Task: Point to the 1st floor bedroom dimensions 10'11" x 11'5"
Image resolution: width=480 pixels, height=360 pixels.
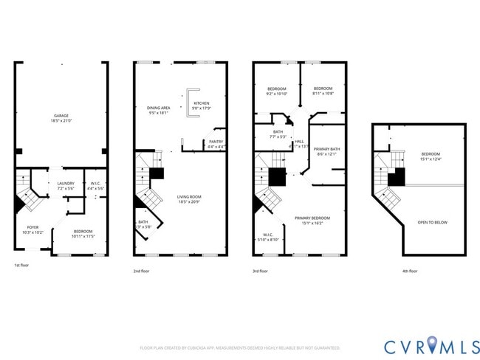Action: tap(83, 236)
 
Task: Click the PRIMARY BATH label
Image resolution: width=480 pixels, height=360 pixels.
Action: tap(326, 151)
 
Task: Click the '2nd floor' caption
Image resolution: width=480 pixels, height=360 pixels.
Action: tap(143, 271)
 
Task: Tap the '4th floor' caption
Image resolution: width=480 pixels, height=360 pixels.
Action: tap(410, 271)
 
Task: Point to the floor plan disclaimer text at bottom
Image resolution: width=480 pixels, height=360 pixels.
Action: tap(240, 347)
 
